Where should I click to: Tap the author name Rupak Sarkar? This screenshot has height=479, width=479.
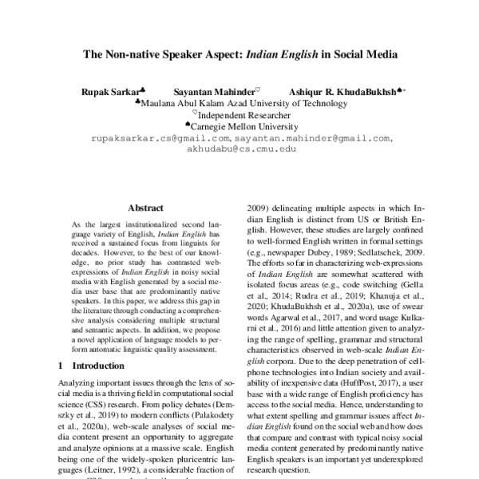[111, 93]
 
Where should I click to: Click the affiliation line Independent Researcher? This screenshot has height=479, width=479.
[243, 115]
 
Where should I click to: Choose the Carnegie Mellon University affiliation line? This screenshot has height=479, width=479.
[241, 126]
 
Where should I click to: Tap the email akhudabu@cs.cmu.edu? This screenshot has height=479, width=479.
[239, 148]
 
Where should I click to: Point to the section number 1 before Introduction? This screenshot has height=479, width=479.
[61, 365]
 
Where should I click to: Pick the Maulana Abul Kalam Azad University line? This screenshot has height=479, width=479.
[243, 104]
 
